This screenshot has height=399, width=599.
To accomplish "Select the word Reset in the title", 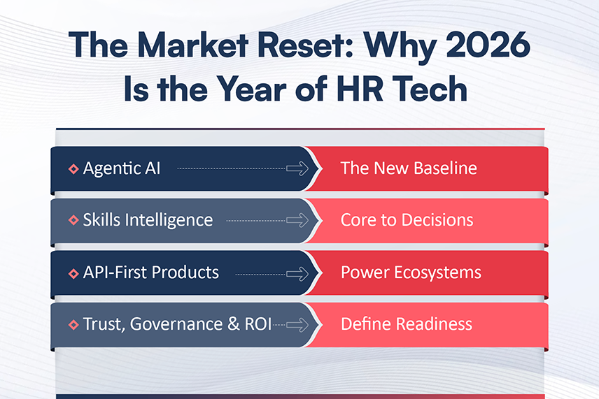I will [299, 47].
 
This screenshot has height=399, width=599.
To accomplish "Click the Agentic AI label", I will [121, 168].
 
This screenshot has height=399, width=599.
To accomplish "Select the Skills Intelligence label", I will [148, 220].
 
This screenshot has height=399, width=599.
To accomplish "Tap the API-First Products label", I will [150, 272].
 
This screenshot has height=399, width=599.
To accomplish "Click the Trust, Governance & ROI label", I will [177, 324].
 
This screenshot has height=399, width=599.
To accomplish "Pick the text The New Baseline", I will [409, 168].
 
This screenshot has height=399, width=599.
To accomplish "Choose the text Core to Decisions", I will [407, 220].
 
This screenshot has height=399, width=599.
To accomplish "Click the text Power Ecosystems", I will [411, 272].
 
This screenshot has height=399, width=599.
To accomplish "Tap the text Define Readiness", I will [406, 324].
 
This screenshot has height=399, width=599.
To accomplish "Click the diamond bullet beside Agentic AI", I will [73, 169].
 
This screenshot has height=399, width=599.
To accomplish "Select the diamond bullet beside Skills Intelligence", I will [73, 221].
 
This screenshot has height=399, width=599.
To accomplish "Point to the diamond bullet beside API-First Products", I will [73, 273].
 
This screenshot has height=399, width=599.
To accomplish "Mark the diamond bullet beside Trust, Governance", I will [73, 325].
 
